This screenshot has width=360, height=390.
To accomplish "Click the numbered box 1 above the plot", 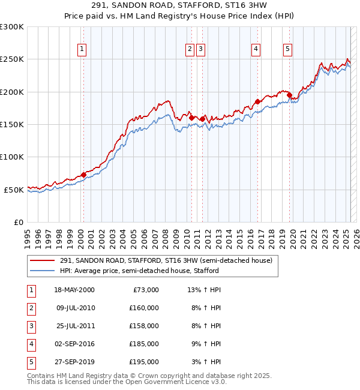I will [82, 50].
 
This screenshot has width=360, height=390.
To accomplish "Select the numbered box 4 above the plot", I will [256, 50].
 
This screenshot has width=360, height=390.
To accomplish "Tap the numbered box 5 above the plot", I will [288, 50].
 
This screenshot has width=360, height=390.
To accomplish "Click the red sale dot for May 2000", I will [83, 175].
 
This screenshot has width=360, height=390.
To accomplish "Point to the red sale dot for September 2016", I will [257, 101].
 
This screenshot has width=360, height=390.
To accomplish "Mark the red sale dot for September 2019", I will [289, 95].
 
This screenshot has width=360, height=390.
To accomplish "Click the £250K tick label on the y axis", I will [12, 59].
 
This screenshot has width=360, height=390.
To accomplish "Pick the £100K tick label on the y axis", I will [12, 157].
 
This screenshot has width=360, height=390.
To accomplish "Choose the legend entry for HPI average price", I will [139, 271].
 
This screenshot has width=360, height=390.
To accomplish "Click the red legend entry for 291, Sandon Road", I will [166, 260].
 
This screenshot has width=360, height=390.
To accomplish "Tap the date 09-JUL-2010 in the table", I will [75, 308].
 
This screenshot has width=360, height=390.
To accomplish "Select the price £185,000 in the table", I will [144, 344].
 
